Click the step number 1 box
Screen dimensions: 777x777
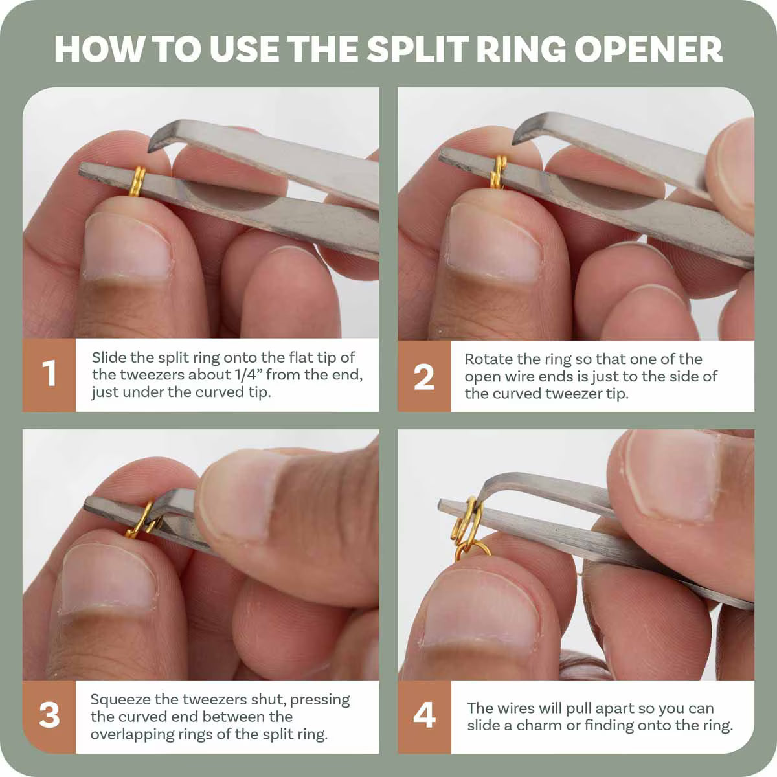coord(49,374)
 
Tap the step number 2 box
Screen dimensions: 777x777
coord(423,376)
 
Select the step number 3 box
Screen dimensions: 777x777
coord(49,716)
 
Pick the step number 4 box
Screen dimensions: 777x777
coord(423,716)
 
